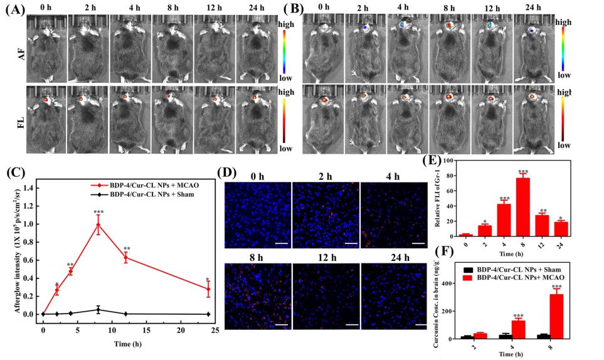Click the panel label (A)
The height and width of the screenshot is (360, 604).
pos(13,9)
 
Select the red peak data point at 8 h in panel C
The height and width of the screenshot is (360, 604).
pos(98,225)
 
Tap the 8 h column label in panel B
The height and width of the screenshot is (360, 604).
pos(450,8)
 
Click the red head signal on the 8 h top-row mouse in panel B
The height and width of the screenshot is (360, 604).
pos(449,26)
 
